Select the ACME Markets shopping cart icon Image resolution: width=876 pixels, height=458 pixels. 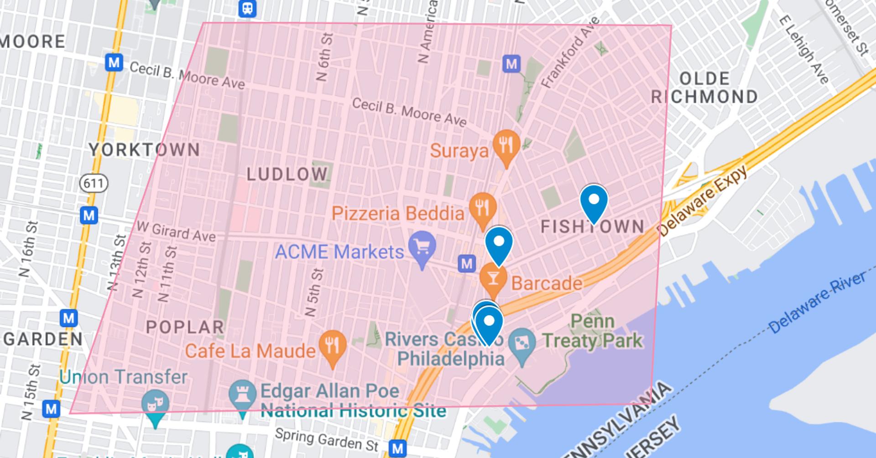point(422,248)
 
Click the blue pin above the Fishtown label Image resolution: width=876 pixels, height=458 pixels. point(594,201)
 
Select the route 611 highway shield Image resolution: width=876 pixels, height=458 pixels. point(94,183)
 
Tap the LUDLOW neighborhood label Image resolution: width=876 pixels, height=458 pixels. point(287,174)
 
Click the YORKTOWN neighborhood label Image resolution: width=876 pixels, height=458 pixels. point(144,150)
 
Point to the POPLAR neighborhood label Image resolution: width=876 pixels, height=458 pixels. point(185,327)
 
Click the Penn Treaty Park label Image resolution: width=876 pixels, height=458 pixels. point(592,331)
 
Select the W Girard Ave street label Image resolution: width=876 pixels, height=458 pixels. point(176,231)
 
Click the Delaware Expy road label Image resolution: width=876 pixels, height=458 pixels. point(704,200)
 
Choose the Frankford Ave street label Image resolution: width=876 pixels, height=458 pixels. point(570,52)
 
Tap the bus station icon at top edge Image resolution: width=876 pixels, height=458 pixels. point(247,8)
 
